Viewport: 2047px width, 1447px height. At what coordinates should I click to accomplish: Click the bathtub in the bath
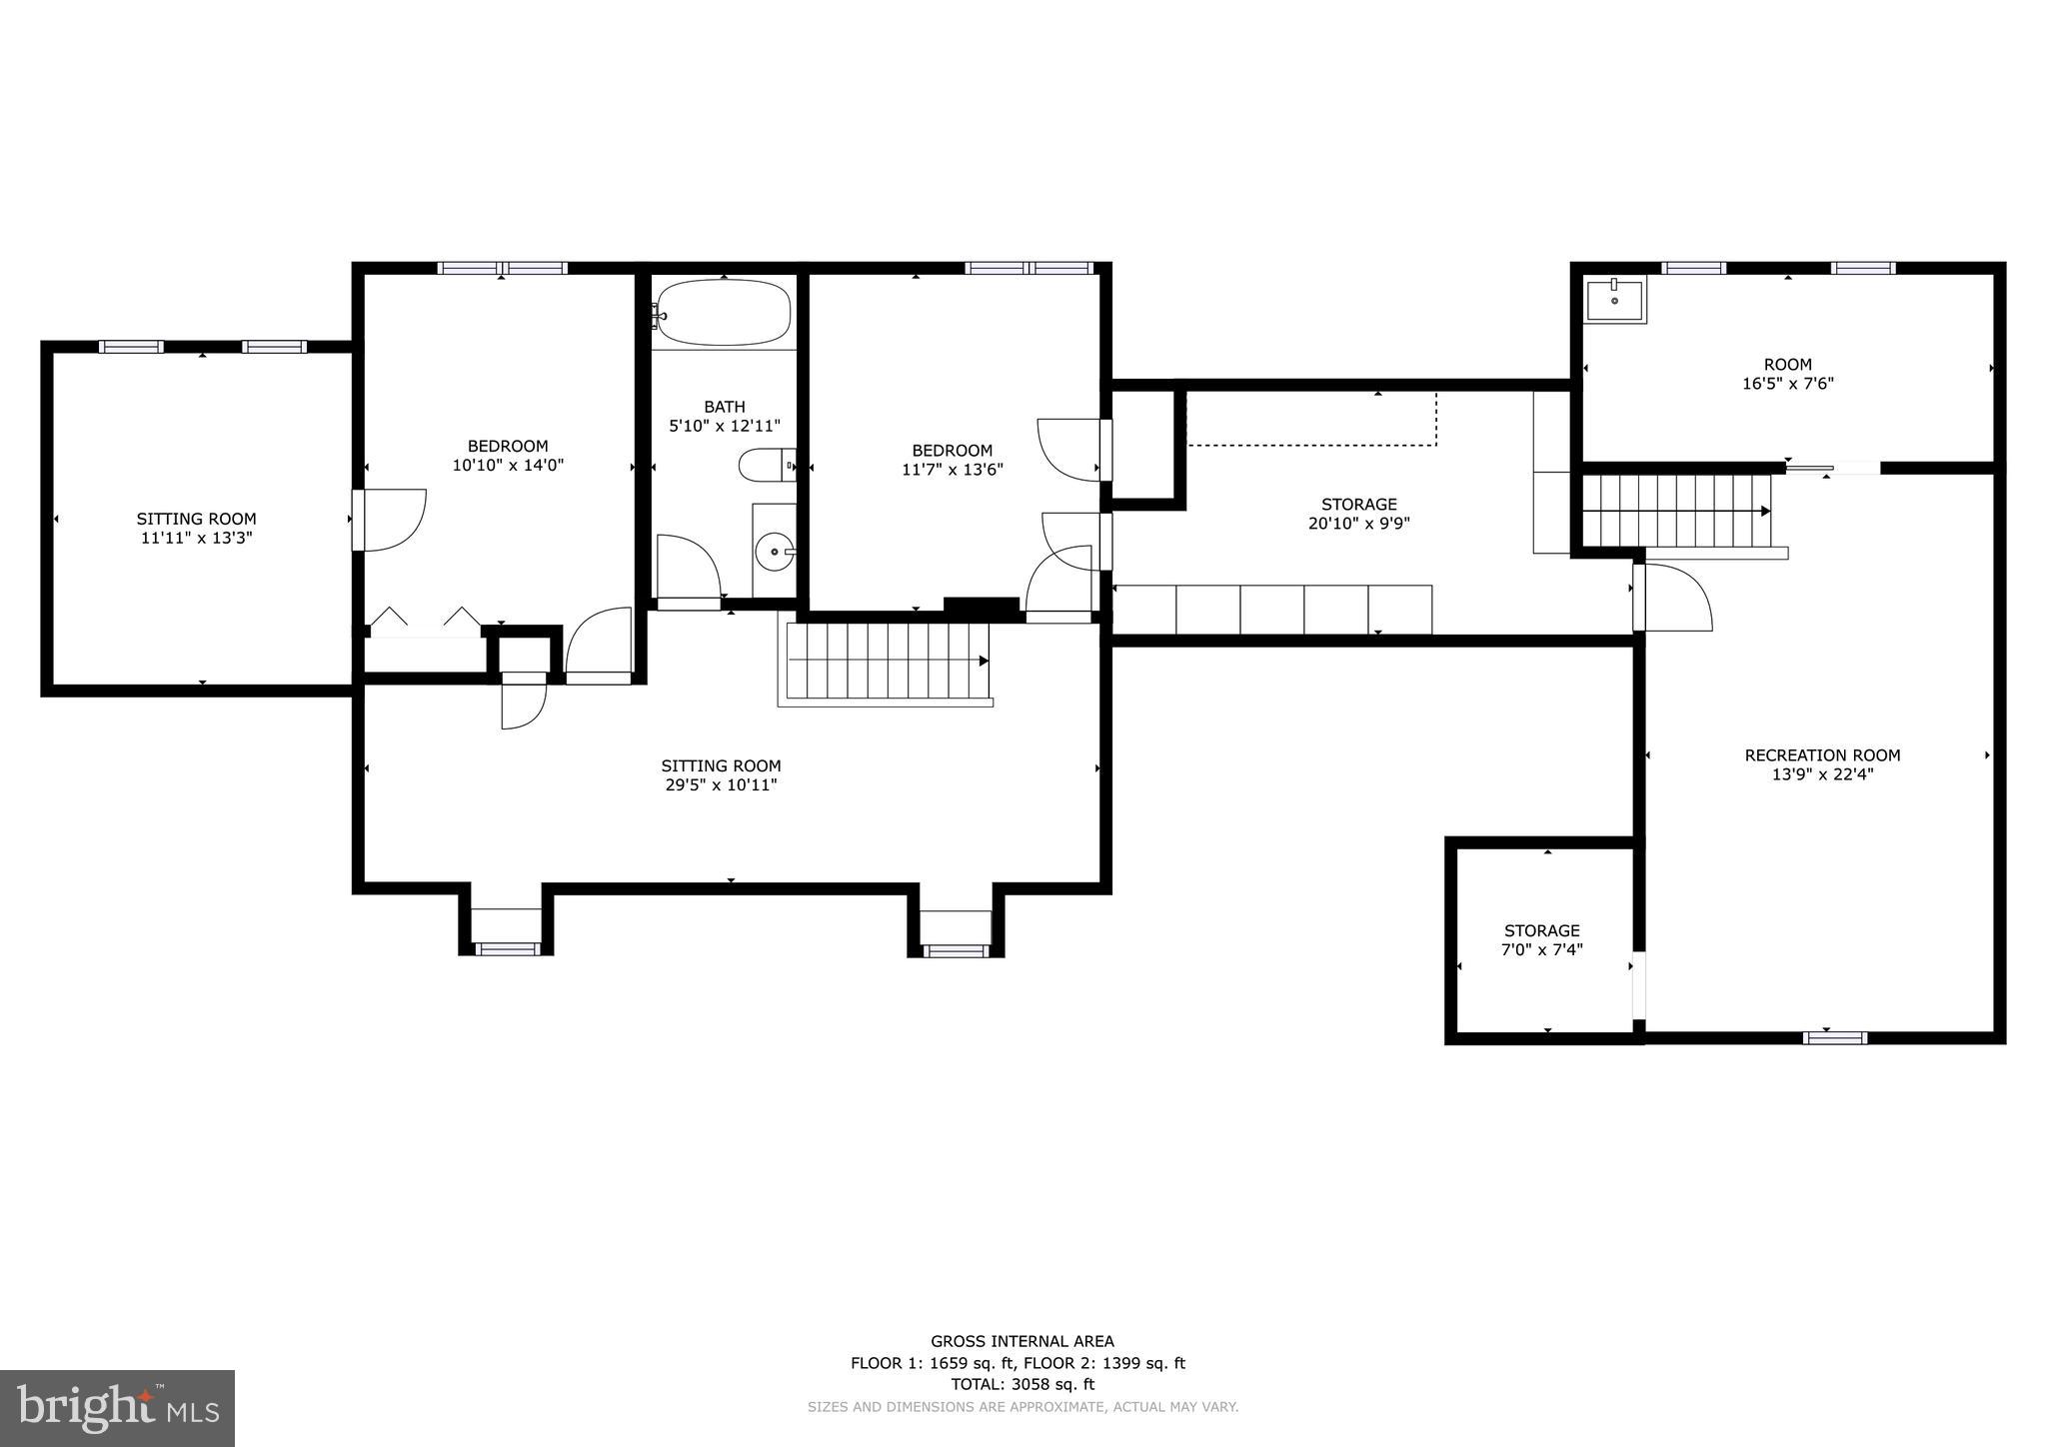point(724,312)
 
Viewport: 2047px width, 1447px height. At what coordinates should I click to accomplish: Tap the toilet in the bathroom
point(765,465)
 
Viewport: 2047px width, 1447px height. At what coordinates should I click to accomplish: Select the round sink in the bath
point(774,551)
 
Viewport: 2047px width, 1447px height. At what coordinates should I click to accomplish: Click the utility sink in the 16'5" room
point(1615,300)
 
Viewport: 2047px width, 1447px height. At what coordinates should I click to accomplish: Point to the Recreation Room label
point(1822,755)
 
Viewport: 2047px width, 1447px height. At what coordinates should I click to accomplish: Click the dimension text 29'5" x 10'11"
point(721,785)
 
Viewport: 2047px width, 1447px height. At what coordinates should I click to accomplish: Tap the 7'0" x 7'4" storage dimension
point(1541,949)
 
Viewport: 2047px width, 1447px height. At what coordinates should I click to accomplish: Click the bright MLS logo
point(117,1408)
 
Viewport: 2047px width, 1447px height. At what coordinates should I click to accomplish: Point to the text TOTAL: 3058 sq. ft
point(1022,1384)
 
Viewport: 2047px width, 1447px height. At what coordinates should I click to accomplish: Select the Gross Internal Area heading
point(1022,1342)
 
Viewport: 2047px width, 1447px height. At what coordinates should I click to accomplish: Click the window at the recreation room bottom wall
point(1834,1037)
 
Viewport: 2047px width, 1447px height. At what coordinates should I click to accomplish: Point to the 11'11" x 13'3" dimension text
point(196,538)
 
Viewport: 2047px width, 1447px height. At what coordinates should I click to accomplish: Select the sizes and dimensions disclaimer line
point(1022,1407)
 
